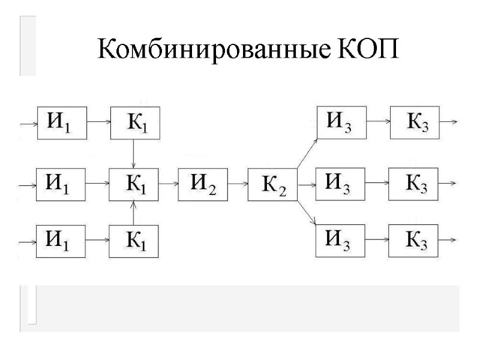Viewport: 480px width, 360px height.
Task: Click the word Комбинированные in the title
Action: pos(212,49)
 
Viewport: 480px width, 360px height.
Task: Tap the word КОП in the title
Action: pos(364,49)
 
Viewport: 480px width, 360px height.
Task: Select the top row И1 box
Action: pos(62,122)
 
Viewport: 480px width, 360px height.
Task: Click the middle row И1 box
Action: pos(62,184)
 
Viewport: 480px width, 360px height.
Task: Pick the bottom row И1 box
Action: pos(62,241)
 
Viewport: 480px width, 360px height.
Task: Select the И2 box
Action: pos(203,184)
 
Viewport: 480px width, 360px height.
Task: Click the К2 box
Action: pos(273,186)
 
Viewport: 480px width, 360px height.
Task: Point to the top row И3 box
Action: pos(341,122)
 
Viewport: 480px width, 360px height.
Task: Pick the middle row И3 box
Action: pos(341,184)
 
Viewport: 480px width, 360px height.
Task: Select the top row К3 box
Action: pos(414,122)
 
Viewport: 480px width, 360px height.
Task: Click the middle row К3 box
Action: pos(414,184)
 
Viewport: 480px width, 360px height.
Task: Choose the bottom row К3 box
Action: pos(414,241)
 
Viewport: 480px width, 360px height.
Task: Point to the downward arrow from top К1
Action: pos(134,154)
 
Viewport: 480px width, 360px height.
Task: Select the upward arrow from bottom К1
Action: pos(134,212)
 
